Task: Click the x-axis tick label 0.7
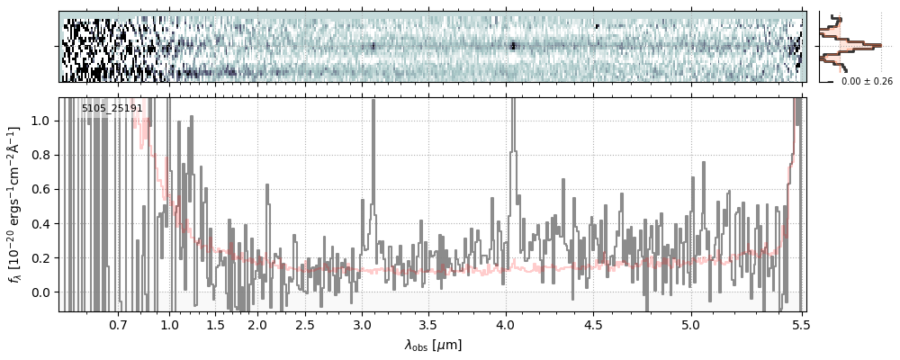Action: coord(118,324)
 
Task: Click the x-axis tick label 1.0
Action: coord(170,324)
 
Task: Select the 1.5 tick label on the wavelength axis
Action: coord(216,324)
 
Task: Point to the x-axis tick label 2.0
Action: coord(257,324)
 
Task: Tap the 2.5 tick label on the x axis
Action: coord(305,324)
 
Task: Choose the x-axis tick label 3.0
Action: coord(362,324)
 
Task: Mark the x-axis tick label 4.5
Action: coord(594,324)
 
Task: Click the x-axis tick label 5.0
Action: coord(691,324)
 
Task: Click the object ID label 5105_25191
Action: coord(112,109)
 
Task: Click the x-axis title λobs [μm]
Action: coord(433,344)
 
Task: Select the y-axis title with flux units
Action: coord(15,205)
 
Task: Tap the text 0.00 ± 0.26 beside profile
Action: coord(867,82)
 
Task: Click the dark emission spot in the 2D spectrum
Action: coord(513,45)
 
